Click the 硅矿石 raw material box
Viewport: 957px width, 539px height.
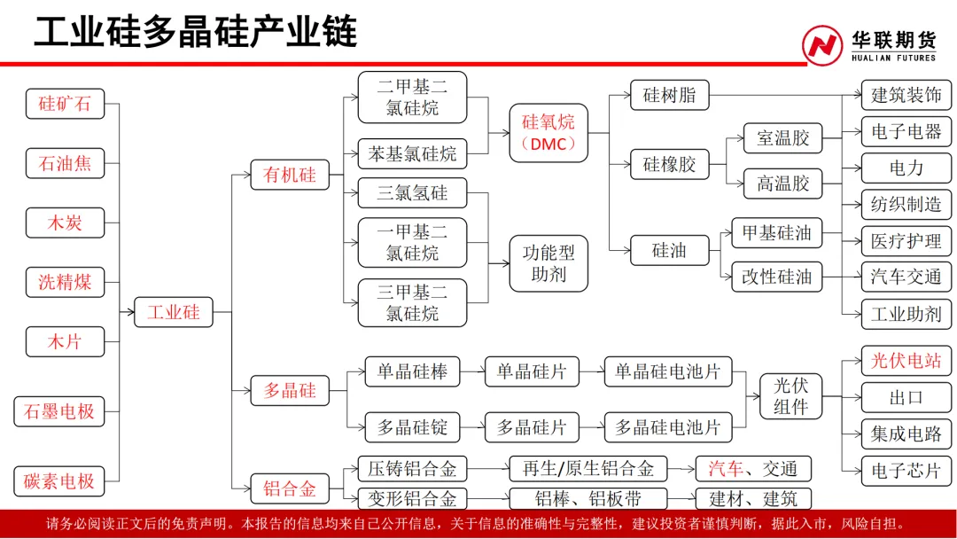coord(65,103)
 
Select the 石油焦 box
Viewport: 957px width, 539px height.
coord(65,163)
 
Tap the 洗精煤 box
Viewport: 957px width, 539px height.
coord(65,282)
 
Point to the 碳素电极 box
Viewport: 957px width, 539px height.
coord(59,481)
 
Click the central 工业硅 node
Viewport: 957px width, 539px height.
coord(174,312)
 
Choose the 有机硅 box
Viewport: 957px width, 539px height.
coord(290,175)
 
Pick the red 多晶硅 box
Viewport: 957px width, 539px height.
coord(290,390)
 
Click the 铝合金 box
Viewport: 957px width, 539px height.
coord(290,488)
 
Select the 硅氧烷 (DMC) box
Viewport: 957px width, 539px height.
coord(548,133)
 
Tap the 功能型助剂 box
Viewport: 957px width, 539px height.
coord(548,263)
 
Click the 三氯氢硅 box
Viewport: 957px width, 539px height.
coord(412,193)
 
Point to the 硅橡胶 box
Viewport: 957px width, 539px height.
coord(669,164)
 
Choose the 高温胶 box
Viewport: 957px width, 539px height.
coord(782,184)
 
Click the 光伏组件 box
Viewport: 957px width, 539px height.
coord(790,396)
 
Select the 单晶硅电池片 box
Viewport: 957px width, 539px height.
coord(668,371)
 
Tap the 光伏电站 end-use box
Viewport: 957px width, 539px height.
coord(906,361)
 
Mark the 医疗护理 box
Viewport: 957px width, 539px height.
coord(906,240)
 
